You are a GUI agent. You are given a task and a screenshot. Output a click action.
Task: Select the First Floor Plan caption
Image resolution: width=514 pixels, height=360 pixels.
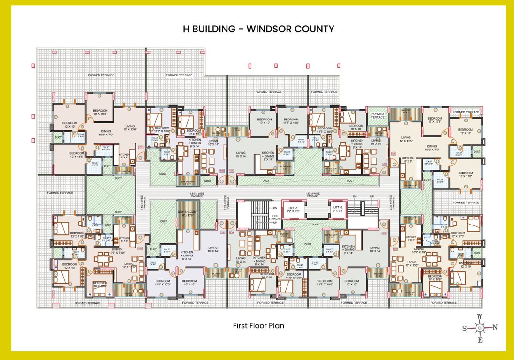tap(258, 325)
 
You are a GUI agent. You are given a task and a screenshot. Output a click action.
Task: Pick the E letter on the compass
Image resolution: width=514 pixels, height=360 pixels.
tap(480, 340)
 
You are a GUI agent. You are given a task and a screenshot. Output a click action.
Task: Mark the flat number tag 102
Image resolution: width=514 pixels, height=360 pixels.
tap(140, 147)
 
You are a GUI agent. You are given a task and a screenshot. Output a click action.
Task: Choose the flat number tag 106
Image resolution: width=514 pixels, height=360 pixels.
tap(393, 153)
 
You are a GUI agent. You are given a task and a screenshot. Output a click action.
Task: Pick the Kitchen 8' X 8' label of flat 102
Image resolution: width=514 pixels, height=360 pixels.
tap(124, 156)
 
